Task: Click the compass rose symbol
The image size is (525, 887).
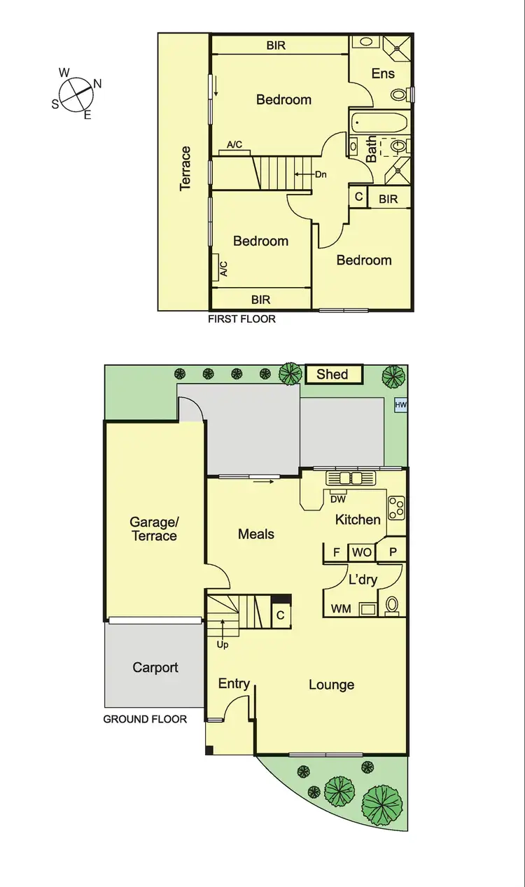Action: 76,94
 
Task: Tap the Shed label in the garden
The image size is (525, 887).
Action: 332,374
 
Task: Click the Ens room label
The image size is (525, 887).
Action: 383,74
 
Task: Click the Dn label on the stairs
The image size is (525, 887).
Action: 321,175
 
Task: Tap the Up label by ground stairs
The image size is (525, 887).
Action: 222,643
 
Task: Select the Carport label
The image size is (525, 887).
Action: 155,667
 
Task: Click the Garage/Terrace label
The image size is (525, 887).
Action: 154,529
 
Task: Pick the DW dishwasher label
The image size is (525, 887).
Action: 338,499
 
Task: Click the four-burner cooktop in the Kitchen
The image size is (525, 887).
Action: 396,508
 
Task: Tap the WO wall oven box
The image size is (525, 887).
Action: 362,552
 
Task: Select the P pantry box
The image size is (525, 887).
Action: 393,552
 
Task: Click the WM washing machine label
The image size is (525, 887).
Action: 341,609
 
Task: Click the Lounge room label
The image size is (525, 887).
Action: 331,685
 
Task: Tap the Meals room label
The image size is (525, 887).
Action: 256,534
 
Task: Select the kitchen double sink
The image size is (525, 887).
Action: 350,478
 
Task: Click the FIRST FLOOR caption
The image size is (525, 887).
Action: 242,319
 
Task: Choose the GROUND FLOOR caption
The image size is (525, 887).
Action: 145,719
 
